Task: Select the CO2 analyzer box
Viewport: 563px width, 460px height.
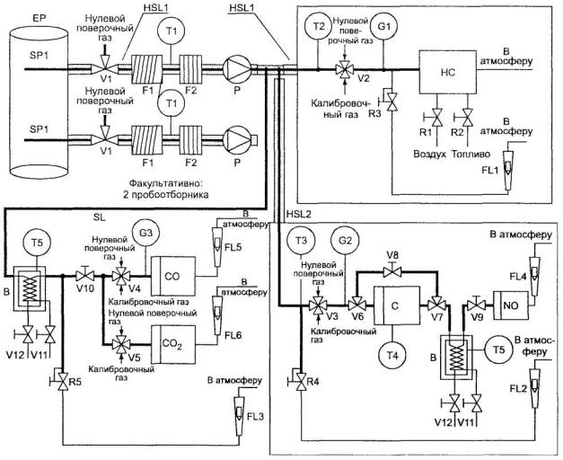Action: pos(172,344)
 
